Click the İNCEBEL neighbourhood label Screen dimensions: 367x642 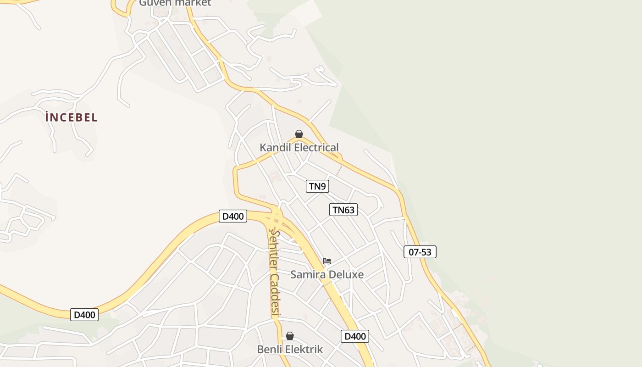tap(72, 117)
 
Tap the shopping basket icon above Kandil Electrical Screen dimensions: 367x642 tap(299, 134)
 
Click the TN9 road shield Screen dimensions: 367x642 tap(317, 186)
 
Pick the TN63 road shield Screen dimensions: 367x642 tap(343, 210)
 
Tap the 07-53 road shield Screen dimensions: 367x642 tap(420, 252)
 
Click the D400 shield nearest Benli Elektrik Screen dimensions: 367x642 tap(355, 336)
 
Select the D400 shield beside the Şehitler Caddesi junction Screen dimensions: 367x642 tap(233, 216)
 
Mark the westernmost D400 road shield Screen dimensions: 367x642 tap(84, 315)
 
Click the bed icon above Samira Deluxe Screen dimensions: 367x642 tap(327, 261)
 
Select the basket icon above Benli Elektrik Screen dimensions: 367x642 tap(290, 336)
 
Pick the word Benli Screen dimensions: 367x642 tap(268, 350)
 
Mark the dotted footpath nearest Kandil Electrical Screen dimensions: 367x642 tap(339, 170)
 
